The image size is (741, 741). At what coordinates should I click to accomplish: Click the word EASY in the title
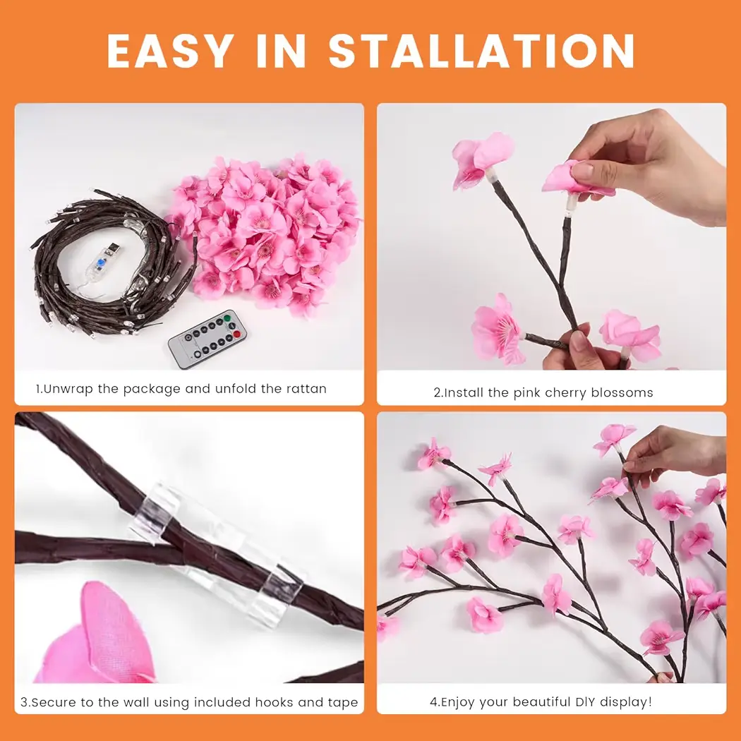click(x=170, y=51)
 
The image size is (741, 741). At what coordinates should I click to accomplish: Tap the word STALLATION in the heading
click(x=481, y=51)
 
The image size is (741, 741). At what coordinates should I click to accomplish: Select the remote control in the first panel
click(x=207, y=339)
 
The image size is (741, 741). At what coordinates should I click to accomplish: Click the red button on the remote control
click(x=236, y=335)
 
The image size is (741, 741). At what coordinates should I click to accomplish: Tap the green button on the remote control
click(x=227, y=318)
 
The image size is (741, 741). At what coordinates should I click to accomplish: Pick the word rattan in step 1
click(x=306, y=389)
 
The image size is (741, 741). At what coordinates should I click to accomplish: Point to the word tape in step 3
click(x=343, y=703)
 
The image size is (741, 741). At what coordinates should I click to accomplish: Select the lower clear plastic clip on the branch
click(x=275, y=591)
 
